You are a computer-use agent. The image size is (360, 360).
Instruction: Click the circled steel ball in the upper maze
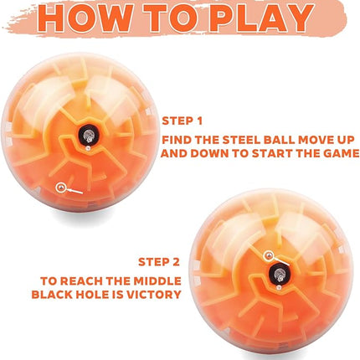pyautogui.click(x=59, y=188)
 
